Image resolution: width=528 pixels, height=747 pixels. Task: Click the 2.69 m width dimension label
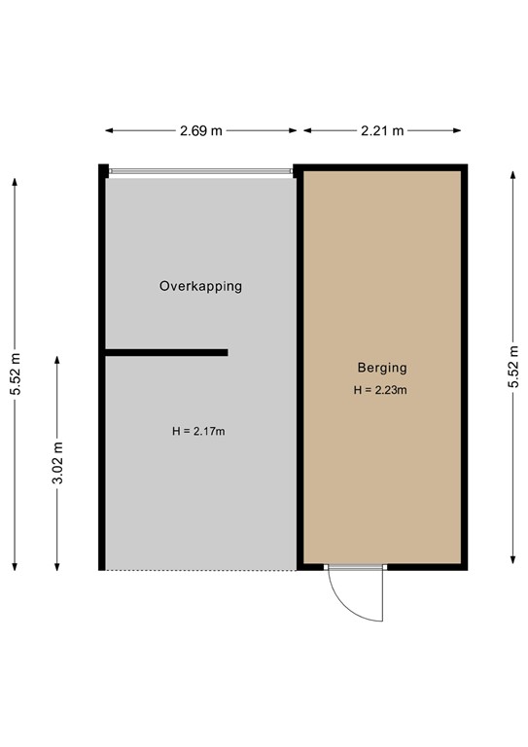click(x=200, y=130)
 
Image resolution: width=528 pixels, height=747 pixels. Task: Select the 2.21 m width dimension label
click(x=381, y=130)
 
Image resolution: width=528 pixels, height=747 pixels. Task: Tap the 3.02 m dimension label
click(x=56, y=463)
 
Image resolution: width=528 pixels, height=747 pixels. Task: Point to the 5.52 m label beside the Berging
click(x=512, y=368)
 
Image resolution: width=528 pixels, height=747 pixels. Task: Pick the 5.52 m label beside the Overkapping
click(x=15, y=373)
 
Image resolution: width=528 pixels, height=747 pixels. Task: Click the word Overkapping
click(x=200, y=286)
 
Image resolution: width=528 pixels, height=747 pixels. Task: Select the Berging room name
click(x=381, y=368)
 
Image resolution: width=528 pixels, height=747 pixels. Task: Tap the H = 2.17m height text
click(x=198, y=431)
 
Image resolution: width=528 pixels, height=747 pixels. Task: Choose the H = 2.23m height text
click(x=380, y=390)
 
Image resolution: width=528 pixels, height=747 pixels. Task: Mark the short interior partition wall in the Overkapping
click(x=166, y=352)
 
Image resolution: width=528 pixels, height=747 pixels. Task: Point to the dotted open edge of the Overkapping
click(x=200, y=570)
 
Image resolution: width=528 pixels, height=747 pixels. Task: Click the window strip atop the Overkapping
click(x=200, y=171)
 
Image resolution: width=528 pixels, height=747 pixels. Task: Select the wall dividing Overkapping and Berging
click(x=299, y=370)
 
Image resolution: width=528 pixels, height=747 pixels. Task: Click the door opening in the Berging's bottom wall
click(x=355, y=567)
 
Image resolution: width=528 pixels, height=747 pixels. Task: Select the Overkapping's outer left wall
click(x=102, y=370)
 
